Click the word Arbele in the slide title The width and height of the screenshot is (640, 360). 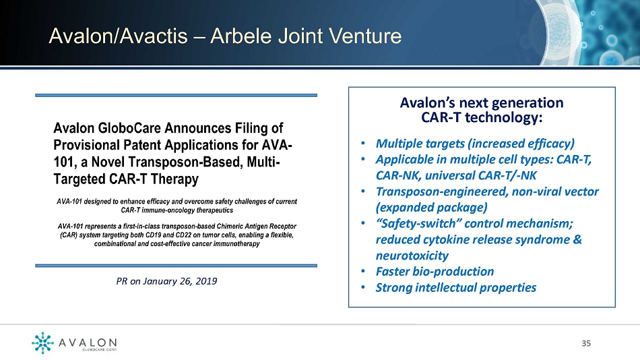click(x=241, y=36)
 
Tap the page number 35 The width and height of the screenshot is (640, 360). click(x=586, y=343)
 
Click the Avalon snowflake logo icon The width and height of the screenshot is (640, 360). click(x=42, y=342)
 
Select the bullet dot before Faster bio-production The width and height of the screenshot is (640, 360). click(x=363, y=271)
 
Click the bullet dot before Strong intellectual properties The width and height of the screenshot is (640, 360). click(x=363, y=287)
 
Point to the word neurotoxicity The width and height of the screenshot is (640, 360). click(x=412, y=256)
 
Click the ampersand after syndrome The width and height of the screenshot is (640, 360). click(x=577, y=239)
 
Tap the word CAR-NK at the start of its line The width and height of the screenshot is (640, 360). click(x=398, y=175)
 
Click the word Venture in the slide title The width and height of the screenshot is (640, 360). click(x=365, y=36)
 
